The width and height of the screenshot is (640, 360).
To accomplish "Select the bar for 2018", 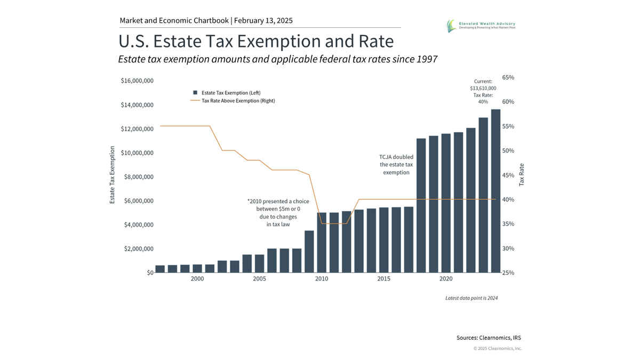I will [421, 205].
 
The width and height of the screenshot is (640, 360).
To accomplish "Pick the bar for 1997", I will [160, 269].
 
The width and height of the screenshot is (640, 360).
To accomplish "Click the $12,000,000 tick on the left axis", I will [138, 129].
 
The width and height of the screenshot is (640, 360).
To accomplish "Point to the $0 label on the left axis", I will [150, 273].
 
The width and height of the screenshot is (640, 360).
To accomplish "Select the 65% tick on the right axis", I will [508, 78].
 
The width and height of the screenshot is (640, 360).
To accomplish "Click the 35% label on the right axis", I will [508, 224].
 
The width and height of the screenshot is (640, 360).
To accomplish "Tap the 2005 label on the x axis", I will [259, 279].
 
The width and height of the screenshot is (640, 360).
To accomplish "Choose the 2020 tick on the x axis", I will [446, 279].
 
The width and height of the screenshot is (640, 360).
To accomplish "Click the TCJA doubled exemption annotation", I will [396, 165].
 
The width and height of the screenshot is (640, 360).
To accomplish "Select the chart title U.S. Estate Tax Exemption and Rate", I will [256, 42].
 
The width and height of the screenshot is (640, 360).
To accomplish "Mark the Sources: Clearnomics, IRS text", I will [489, 338].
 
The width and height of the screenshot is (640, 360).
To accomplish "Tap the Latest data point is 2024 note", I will [471, 298].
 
